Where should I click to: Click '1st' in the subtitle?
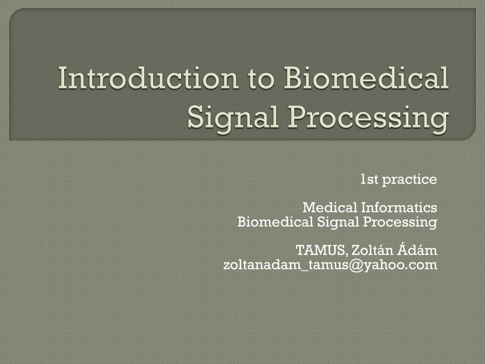pyautogui.click(x=369, y=180)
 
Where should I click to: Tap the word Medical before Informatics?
pyautogui.click(x=330, y=208)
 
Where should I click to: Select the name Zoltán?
pyautogui.click(x=368, y=250)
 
